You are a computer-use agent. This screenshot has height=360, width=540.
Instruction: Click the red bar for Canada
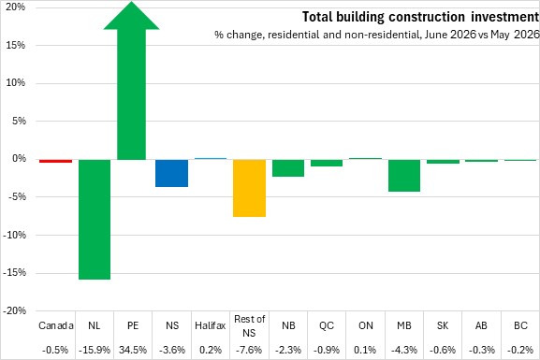[55, 161]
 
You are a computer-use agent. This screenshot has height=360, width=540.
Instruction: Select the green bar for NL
[95, 219]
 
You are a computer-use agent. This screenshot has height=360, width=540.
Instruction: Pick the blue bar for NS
[171, 173]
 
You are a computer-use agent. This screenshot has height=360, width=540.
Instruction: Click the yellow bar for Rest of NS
[249, 188]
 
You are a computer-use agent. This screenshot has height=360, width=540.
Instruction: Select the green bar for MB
[404, 175]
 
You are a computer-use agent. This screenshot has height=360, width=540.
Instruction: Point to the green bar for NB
[288, 168]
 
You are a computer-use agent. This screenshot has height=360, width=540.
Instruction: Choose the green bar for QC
[327, 163]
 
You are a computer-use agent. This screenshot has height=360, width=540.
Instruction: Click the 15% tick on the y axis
[16, 45]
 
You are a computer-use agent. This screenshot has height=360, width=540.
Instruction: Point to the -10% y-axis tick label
[14, 235]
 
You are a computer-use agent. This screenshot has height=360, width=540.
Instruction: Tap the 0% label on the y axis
[20, 159]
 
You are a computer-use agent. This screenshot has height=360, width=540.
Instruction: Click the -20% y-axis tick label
[14, 310]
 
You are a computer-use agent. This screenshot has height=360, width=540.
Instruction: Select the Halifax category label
[210, 325]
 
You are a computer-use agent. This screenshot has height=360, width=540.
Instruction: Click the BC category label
[520, 325]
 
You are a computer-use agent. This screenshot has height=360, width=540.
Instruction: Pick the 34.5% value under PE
[133, 350]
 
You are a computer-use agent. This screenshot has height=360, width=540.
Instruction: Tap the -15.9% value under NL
[95, 350]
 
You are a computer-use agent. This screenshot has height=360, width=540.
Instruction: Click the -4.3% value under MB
[404, 350]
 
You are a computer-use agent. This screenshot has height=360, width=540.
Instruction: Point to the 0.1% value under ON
[365, 350]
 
